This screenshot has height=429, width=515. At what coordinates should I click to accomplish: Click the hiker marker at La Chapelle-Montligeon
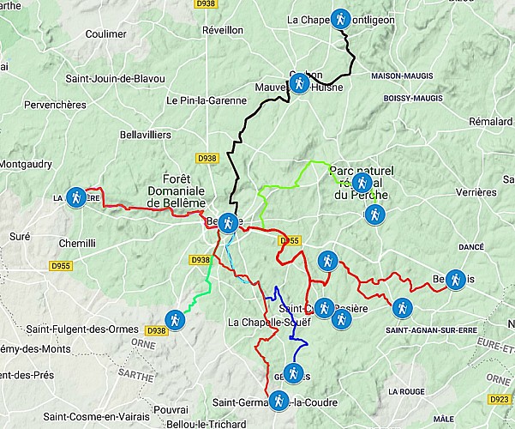tap(341, 18)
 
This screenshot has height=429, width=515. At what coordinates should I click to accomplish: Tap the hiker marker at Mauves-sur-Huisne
tap(298, 83)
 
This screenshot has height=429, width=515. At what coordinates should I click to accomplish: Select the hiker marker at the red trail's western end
tap(76, 197)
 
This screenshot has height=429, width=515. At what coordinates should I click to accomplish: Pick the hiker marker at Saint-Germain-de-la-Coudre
tap(278, 400)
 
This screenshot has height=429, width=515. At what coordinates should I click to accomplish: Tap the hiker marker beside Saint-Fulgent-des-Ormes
tap(176, 319)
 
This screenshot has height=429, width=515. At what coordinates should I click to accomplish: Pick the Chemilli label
tap(77, 244)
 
